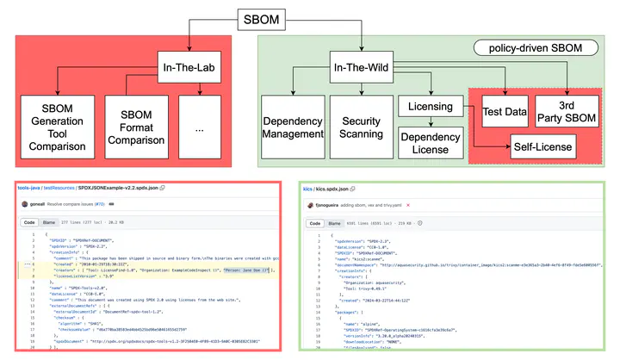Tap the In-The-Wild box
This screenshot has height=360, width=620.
(359, 66)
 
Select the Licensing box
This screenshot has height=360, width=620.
(428, 107)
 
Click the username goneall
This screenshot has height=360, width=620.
(38, 204)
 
